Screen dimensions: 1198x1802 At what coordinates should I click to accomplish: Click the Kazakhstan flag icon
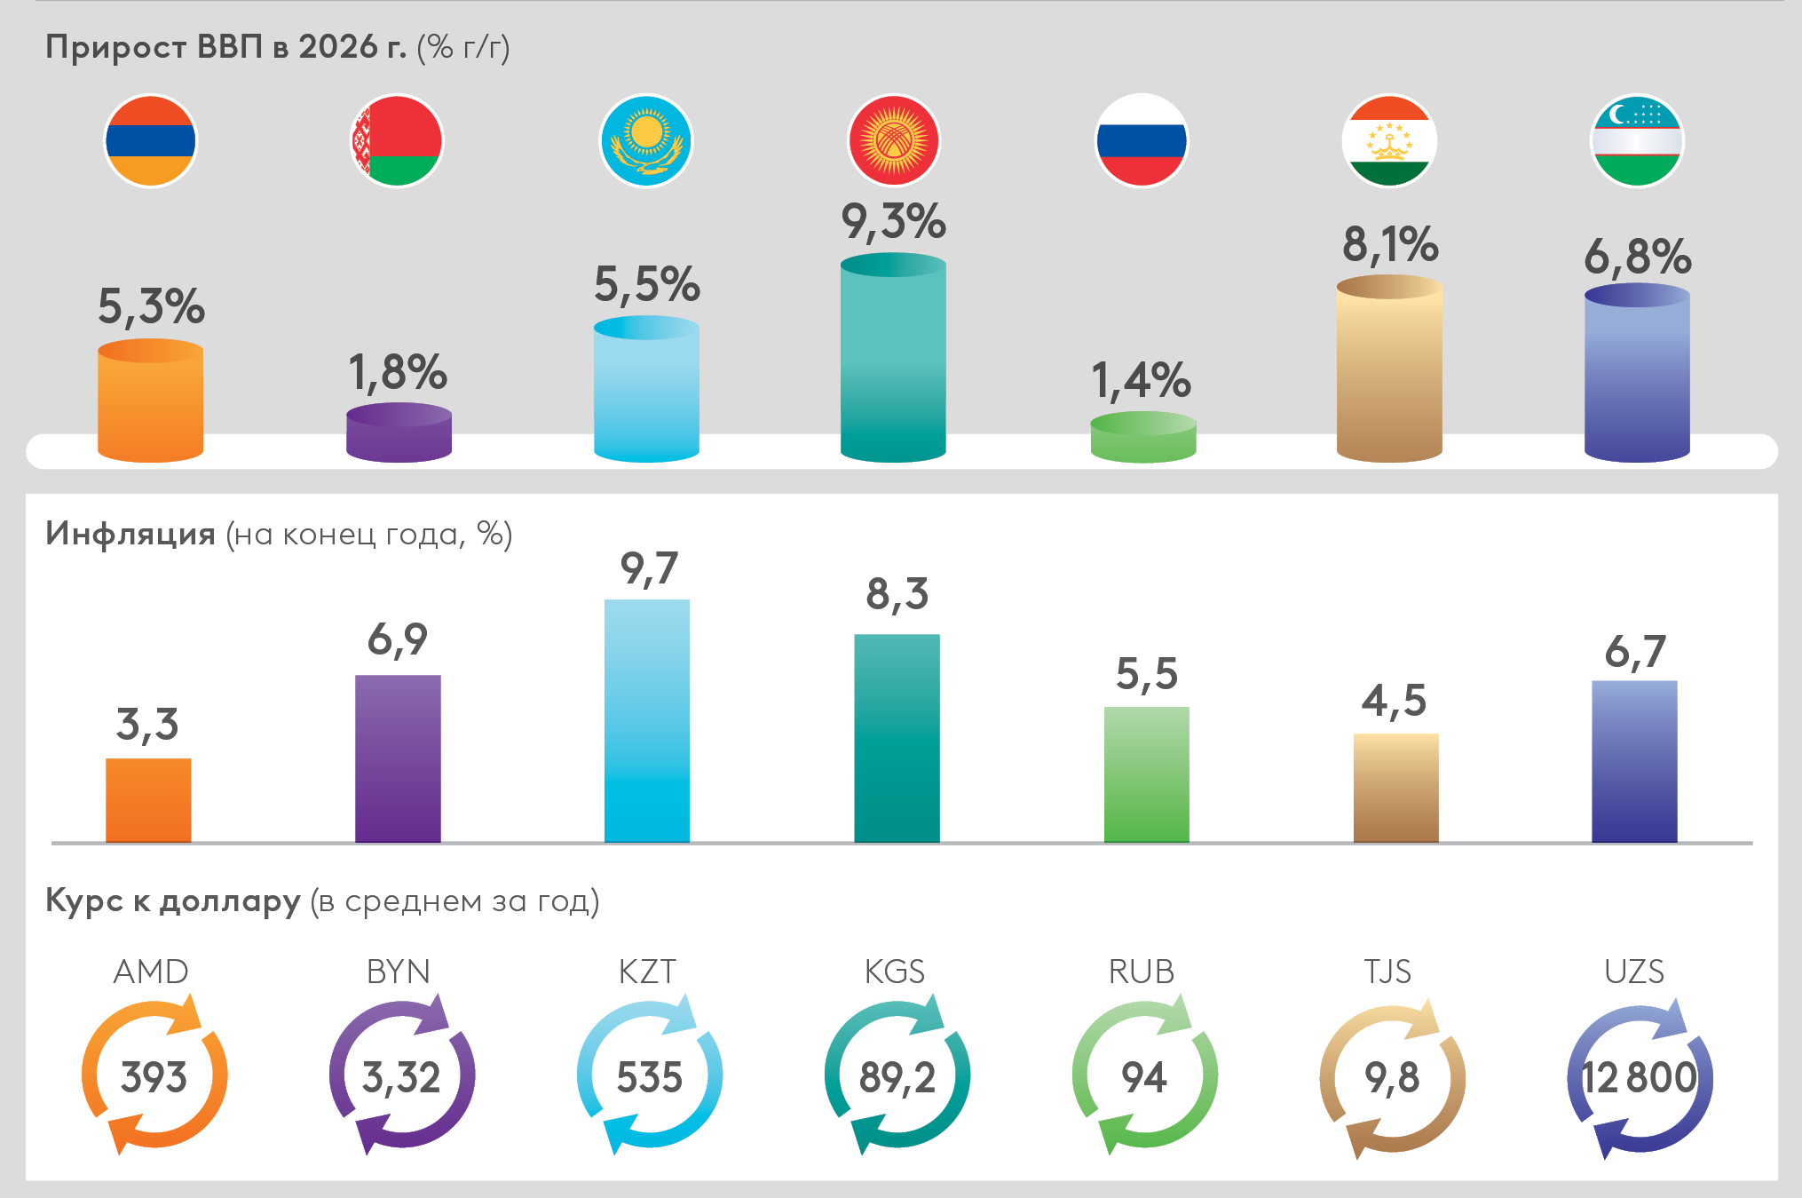646,140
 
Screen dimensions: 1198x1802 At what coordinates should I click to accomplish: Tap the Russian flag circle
1142,140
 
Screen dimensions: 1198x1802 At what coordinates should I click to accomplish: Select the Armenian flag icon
150,140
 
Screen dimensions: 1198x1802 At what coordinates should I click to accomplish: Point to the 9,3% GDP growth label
893,222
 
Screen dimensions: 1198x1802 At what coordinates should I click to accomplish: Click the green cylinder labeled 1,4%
1142,438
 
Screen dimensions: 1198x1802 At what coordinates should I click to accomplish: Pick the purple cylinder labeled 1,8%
399,433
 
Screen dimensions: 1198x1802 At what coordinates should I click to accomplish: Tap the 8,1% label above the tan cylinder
1389,245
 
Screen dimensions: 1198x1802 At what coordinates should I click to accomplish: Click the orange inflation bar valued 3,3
148,799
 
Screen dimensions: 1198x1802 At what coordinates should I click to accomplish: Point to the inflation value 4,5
1394,702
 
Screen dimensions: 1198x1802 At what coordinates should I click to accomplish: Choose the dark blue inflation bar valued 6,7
1633,760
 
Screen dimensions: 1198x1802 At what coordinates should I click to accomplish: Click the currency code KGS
894,972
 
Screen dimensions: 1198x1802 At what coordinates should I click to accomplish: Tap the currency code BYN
398,972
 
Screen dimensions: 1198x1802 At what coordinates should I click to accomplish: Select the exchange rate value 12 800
1639,1078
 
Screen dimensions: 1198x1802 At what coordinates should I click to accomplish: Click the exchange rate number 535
649,1078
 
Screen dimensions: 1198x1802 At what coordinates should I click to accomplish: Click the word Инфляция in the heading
130,534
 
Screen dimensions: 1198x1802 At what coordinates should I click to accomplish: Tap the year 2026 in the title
337,47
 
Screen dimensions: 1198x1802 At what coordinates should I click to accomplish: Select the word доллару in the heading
230,901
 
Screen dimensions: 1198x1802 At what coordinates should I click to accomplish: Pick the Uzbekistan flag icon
1637,140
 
